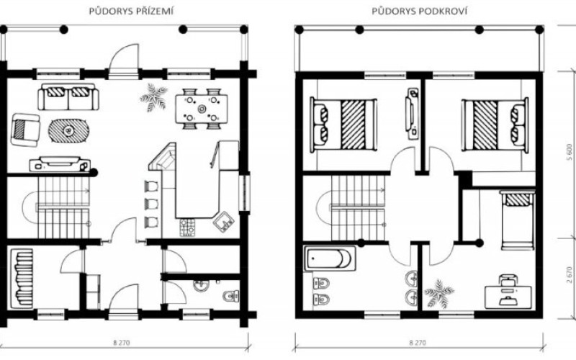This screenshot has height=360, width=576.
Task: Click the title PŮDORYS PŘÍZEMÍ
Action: (x=131, y=12)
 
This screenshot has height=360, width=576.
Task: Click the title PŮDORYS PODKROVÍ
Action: (x=420, y=12)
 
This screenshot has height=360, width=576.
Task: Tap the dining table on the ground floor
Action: (x=202, y=109)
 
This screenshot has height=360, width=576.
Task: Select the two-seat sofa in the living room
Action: (x=68, y=97)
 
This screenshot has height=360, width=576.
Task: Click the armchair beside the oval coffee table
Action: (x=25, y=130)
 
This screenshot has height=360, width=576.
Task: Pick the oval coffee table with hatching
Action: (x=68, y=130)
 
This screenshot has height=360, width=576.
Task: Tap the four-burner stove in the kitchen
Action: (x=188, y=228)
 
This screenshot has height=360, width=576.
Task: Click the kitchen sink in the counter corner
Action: (x=224, y=222)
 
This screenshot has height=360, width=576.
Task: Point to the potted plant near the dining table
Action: (x=153, y=97)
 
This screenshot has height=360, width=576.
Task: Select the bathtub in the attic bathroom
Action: (x=330, y=258)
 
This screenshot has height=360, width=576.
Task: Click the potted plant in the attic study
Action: (x=439, y=294)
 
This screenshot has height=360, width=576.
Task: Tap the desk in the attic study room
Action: (x=508, y=296)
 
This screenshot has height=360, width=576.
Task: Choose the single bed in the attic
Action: (x=518, y=220)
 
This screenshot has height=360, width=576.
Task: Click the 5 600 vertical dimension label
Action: (x=570, y=153)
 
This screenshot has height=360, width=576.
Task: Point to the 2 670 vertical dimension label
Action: (x=570, y=275)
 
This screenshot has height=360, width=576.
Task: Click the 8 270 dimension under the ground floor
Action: (x=122, y=343)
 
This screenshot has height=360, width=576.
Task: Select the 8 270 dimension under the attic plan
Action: (x=418, y=343)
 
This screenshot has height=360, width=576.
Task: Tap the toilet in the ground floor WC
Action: (x=231, y=295)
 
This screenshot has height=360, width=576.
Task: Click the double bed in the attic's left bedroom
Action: (x=343, y=125)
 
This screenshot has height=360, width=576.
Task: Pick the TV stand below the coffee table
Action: (x=60, y=164)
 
